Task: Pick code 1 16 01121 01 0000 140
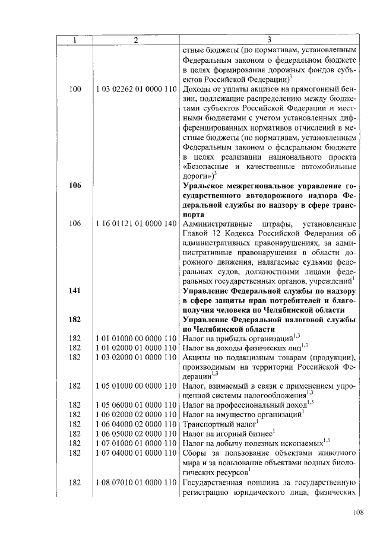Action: click(136, 224)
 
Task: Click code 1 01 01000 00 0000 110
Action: click(136, 338)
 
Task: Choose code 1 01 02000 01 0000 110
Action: click(136, 347)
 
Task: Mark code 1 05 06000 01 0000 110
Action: click(136, 404)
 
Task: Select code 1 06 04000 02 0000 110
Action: click(136, 423)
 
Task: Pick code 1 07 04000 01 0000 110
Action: click(136, 452)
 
